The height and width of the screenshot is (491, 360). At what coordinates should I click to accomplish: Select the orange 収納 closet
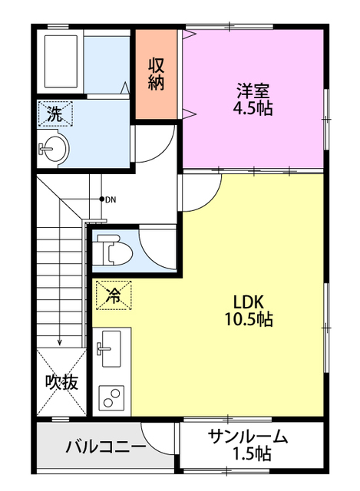coord(157,74)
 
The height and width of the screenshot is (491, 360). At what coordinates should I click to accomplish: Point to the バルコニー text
coord(105,447)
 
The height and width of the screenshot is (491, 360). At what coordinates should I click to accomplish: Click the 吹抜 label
coord(61,382)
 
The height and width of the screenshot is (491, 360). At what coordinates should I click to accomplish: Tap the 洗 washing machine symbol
coord(54,114)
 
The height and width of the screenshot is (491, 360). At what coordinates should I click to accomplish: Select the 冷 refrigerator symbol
coord(113,294)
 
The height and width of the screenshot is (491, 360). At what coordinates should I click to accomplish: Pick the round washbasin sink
coord(54,147)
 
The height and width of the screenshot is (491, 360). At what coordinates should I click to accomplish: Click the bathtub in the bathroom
coord(60,60)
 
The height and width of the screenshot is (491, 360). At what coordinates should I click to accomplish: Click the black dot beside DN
coord(101,199)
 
